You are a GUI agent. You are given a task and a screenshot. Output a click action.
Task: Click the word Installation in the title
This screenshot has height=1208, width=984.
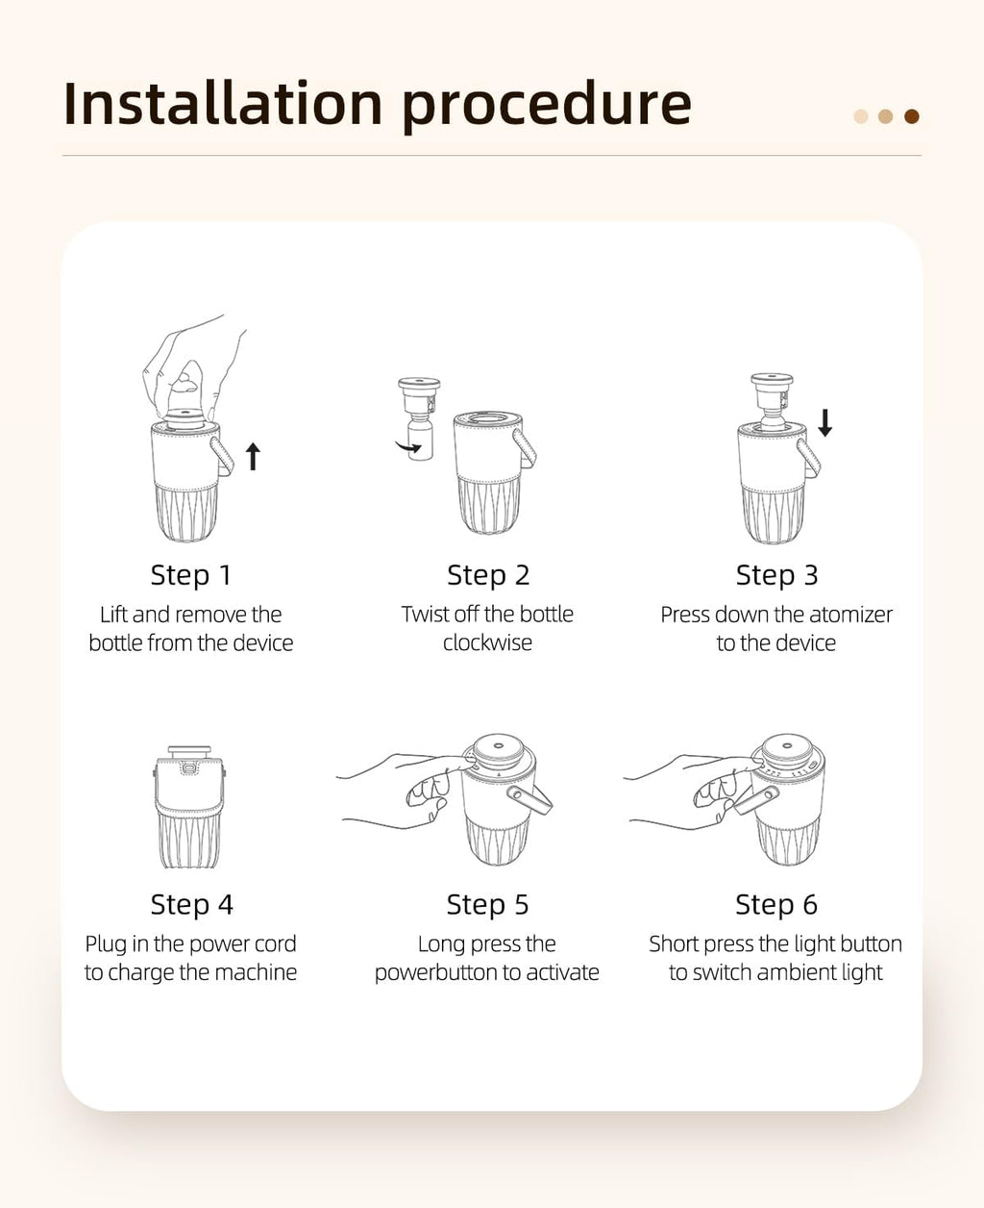[223, 104]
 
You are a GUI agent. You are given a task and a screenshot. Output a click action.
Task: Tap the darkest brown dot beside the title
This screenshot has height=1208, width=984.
[912, 116]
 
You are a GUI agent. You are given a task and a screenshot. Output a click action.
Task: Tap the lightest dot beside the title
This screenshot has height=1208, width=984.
[861, 116]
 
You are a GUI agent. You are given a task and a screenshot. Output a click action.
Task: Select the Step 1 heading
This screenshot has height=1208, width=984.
[191, 575]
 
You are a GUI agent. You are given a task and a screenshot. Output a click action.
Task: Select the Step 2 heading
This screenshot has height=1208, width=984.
[488, 575]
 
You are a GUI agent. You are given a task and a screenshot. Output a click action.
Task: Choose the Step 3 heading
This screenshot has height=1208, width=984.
[776, 575]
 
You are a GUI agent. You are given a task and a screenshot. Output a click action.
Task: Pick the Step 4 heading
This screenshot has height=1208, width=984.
[192, 904]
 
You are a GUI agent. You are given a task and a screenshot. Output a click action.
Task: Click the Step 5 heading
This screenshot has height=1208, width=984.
[488, 904]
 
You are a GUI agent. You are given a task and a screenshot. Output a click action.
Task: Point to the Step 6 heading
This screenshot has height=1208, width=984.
[776, 904]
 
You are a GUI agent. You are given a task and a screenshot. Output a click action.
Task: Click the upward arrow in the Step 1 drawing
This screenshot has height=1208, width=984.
[253, 457]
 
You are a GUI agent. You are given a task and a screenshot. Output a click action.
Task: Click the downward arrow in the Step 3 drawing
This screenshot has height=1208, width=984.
[824, 423]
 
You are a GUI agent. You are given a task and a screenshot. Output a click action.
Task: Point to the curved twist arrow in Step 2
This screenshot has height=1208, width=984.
[408, 447]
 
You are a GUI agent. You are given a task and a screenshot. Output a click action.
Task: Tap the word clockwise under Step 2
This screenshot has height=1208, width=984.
[488, 642]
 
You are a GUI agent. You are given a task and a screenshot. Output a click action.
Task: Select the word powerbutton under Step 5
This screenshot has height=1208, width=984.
[435, 973]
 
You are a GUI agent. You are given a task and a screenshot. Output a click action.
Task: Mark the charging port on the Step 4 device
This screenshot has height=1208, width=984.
[188, 767]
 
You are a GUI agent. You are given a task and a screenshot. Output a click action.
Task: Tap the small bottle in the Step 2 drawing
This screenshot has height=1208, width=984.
[420, 440]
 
